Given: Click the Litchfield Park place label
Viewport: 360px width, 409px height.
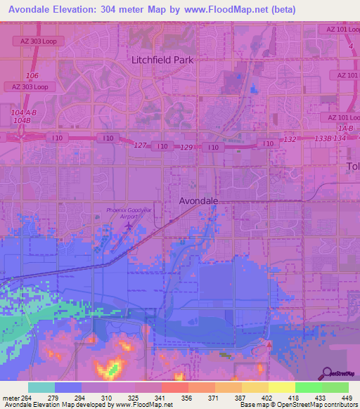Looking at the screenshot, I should (x=162, y=60).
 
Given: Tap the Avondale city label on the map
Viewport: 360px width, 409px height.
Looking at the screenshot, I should (x=198, y=200).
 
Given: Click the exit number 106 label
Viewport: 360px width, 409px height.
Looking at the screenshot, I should (x=32, y=75).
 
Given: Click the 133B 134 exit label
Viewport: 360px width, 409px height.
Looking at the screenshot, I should (x=330, y=138).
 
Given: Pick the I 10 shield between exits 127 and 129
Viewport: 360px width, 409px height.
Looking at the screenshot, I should (x=162, y=146).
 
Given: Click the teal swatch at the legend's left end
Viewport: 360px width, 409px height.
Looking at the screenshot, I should (x=41, y=387).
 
